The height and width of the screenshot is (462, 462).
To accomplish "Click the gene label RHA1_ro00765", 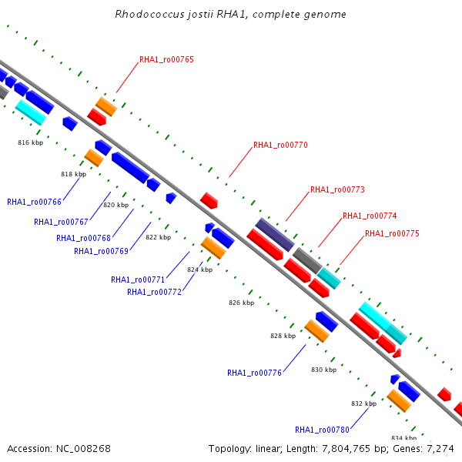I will [166, 59].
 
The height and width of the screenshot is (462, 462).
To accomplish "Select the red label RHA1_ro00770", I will [280, 145].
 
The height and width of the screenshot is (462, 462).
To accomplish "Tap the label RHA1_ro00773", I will [337, 189].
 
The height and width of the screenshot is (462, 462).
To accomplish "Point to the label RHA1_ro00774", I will [370, 216].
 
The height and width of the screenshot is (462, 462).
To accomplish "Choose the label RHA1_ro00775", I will [392, 233].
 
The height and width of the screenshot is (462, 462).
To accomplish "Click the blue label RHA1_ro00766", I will [34, 202].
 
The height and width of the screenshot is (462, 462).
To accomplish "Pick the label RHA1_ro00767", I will [61, 222].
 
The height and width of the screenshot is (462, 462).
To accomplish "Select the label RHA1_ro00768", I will [83, 238].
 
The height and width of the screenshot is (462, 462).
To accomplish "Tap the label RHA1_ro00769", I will [101, 251].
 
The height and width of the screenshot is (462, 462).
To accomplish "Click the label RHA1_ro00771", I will [138, 280].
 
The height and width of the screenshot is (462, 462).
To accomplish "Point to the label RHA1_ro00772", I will [154, 292].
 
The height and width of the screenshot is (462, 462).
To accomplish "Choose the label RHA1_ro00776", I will [254, 373].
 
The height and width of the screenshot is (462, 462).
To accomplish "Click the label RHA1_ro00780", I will [322, 430].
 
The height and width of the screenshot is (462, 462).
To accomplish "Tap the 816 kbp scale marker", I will [31, 143].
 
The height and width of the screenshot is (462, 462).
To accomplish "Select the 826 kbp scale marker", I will [241, 303].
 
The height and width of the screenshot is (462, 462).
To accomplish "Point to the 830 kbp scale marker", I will [323, 370].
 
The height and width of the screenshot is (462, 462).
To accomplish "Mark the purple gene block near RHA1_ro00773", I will [275, 234].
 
